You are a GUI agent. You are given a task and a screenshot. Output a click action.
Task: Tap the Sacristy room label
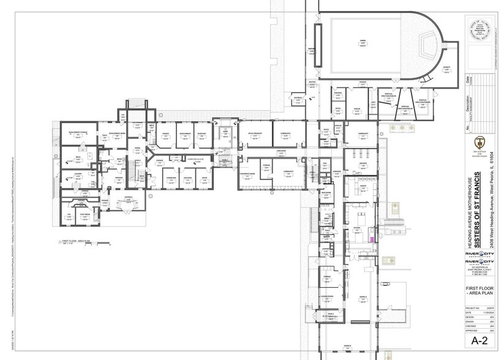[x=446, y=67]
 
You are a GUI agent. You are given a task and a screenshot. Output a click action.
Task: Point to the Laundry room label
[x=78, y=174]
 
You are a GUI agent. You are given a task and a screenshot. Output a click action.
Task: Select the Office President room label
[x=255, y=133]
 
